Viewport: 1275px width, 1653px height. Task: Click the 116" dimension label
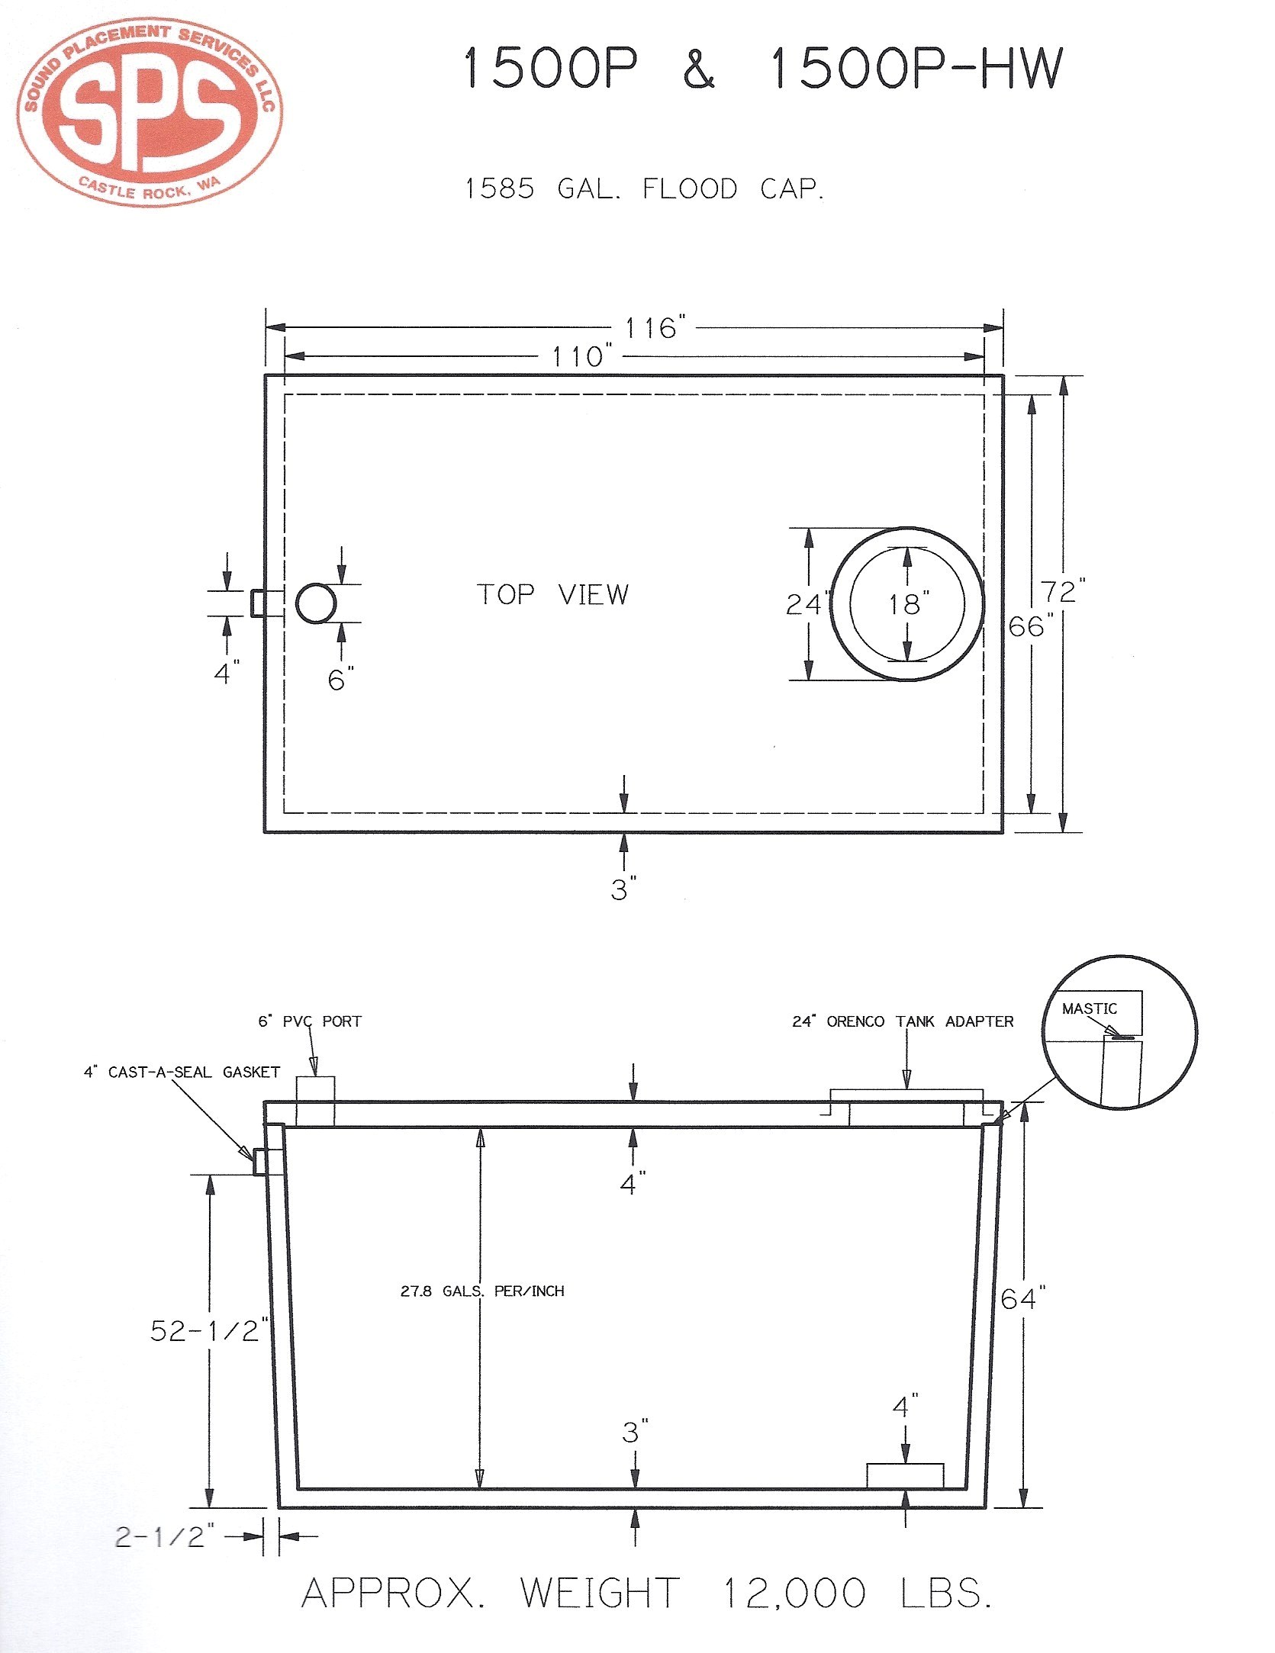[x=655, y=328]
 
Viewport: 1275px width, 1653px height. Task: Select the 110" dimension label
[x=582, y=356]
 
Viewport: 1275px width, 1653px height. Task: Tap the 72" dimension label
[x=1063, y=591]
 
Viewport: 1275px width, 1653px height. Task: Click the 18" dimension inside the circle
[x=908, y=604]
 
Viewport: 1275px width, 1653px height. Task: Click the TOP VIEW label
[x=553, y=594]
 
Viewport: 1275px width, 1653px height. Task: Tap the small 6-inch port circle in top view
[x=316, y=603]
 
